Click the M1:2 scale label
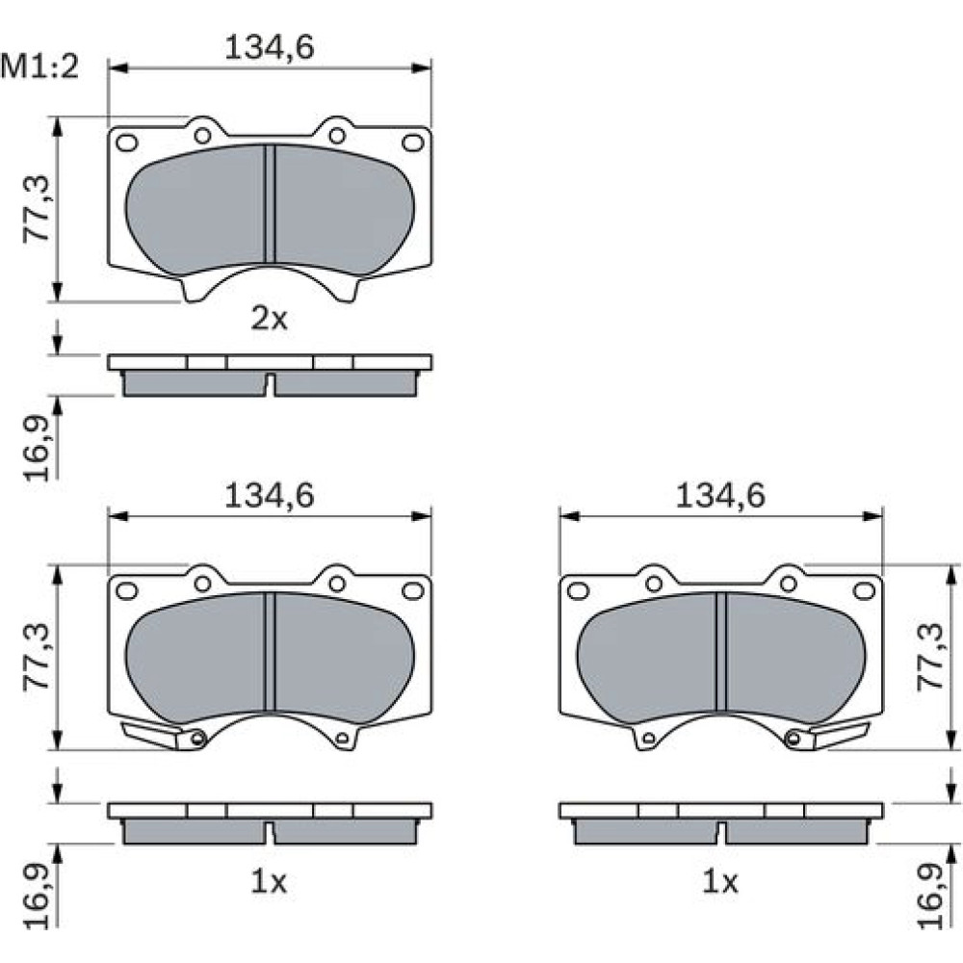[x=40, y=66]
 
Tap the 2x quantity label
[x=269, y=319]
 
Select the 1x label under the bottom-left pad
[x=269, y=882]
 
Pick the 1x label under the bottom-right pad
[x=719, y=882]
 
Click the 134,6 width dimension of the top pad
[x=270, y=47]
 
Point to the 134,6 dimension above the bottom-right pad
[x=720, y=496]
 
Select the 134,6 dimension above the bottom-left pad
[x=270, y=496]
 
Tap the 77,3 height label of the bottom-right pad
[x=929, y=657]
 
